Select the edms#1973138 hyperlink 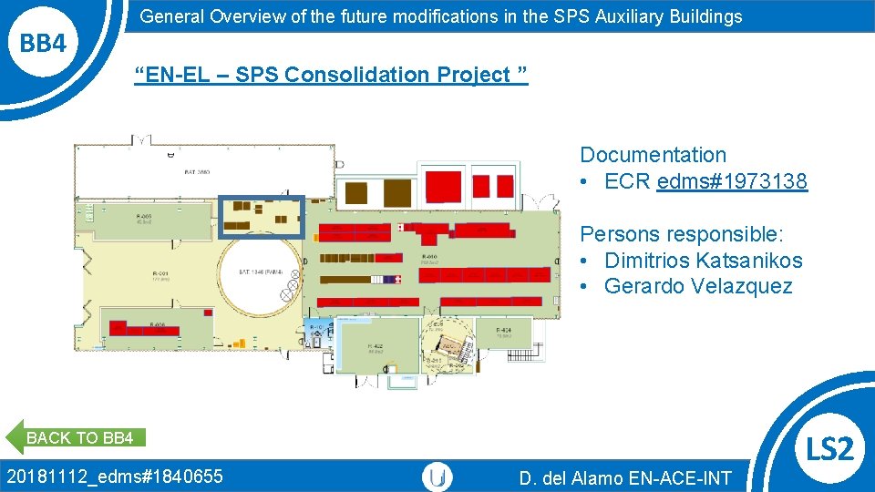point(731,181)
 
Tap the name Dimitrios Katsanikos point(703,261)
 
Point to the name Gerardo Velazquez point(698,286)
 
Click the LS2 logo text point(830,447)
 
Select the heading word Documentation point(653,155)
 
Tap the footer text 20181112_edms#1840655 point(115,476)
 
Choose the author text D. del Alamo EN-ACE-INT point(625,477)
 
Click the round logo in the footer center point(438,477)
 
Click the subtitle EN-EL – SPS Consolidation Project point(330,75)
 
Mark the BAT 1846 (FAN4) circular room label point(262,272)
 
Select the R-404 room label point(503,332)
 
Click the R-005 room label point(144,219)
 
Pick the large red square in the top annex point(444,185)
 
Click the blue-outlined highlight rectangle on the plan point(262,216)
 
